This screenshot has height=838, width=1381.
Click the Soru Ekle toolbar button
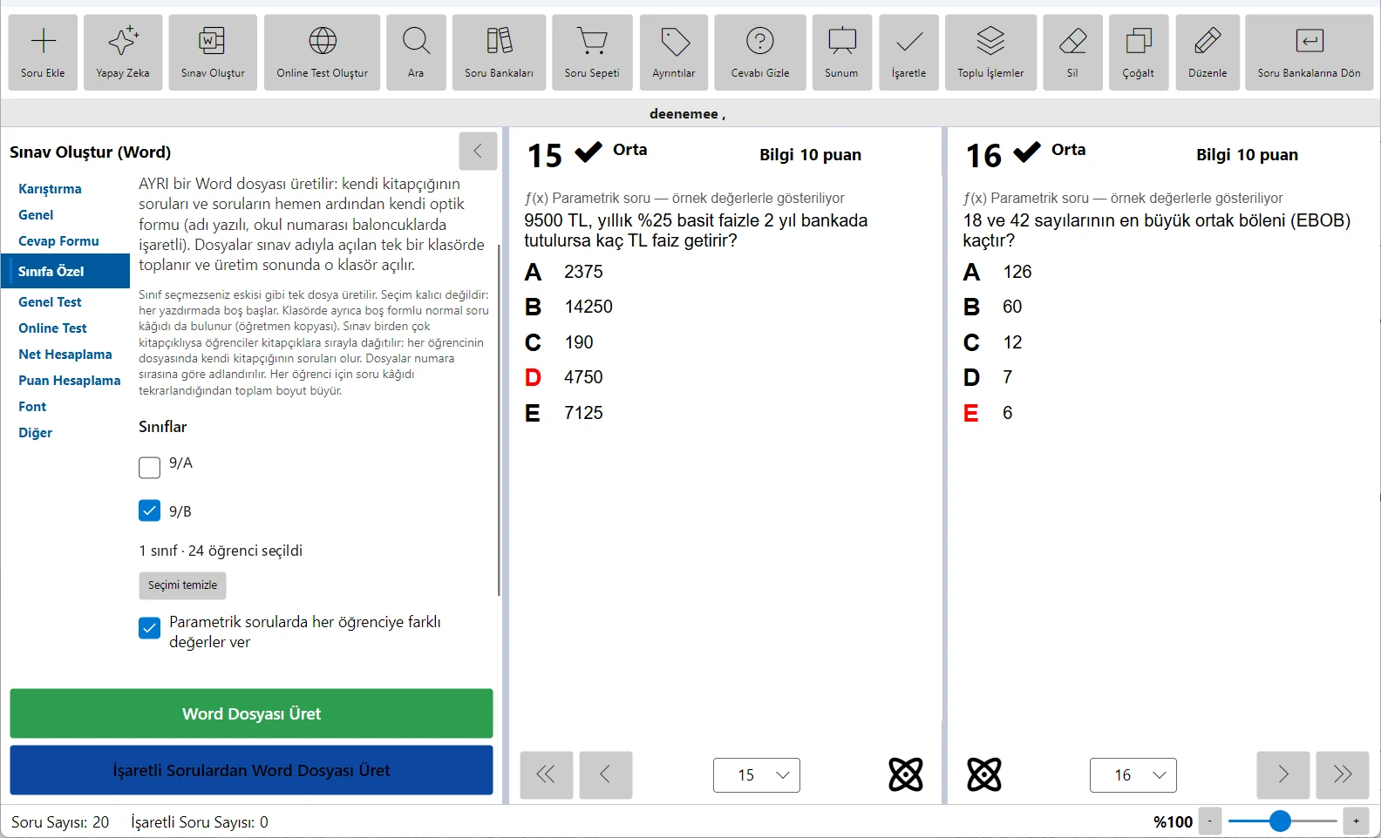click(x=43, y=52)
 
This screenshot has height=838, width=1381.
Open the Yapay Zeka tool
click(x=123, y=52)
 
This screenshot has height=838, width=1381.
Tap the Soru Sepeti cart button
click(x=592, y=52)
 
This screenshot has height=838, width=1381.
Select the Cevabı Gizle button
click(x=759, y=52)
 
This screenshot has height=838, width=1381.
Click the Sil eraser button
click(x=1072, y=52)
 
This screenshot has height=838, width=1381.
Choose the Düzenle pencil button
click(x=1208, y=52)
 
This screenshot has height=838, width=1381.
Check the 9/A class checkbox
click(x=149, y=467)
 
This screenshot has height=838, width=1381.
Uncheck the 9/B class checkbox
click(x=149, y=510)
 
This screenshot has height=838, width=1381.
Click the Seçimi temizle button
click(x=182, y=585)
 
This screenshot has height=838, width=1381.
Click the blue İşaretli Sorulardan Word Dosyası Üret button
click(x=252, y=770)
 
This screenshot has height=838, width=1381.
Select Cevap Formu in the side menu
click(x=58, y=241)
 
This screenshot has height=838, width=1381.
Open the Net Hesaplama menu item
click(x=65, y=355)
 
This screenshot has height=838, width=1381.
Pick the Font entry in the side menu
click(x=32, y=407)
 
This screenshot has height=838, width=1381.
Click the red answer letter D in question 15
click(x=533, y=377)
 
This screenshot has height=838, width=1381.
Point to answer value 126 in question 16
click(x=1017, y=272)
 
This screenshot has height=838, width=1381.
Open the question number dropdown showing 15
click(x=757, y=775)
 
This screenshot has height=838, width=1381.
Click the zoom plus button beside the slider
click(x=1357, y=821)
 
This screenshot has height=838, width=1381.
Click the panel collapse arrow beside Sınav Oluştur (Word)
click(x=478, y=151)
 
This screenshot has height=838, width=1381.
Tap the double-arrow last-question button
click(x=1343, y=774)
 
